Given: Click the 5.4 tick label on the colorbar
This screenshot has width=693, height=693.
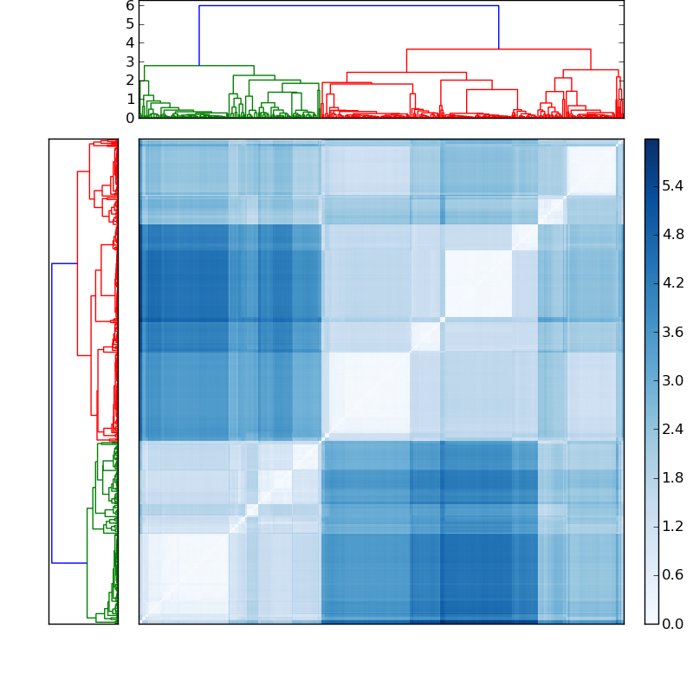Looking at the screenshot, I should (673, 185).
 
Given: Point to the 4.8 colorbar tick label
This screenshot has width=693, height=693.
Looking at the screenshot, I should (673, 234).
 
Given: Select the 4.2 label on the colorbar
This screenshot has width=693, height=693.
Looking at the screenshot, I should (673, 282).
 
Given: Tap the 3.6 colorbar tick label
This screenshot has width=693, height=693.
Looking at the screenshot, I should (673, 332).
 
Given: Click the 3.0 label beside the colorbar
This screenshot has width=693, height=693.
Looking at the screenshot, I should (673, 380).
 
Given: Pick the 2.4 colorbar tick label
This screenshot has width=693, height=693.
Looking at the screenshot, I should (673, 429).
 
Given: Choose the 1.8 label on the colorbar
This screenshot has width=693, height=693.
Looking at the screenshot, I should (673, 477).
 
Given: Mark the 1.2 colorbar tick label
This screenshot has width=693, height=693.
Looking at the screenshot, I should (673, 526).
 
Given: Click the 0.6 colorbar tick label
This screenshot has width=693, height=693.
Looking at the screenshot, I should (673, 574).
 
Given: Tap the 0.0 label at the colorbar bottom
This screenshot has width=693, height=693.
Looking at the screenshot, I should (673, 624).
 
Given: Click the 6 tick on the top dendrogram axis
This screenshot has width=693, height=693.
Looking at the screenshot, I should (130, 5).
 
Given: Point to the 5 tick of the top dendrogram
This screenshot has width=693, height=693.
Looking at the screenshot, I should (130, 24).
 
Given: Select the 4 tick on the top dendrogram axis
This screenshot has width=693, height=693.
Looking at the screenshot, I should (130, 42).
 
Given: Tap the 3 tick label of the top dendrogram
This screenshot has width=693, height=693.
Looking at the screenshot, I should (130, 62).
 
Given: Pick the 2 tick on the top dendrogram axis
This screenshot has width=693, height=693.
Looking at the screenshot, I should (130, 81).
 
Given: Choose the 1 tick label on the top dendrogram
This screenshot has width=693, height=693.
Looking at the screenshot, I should (130, 99).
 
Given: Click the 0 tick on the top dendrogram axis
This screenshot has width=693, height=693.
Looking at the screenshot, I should (130, 118).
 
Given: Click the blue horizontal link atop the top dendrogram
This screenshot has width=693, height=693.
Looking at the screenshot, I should (346, 6).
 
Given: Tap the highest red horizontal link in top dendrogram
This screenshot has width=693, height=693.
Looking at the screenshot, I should (498, 49).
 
